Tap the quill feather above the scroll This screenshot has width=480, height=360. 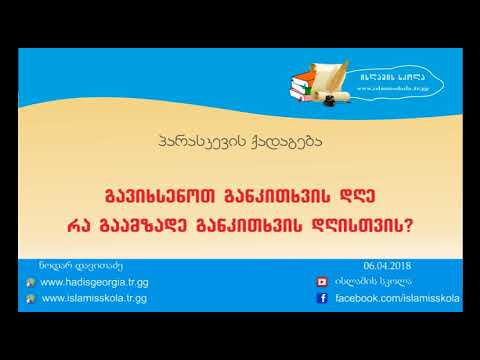coord(340,71)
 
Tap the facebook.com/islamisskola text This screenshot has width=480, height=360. coord(396,299)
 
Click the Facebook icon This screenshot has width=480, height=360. coord(322,299)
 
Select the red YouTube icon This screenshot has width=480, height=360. coord(322,283)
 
